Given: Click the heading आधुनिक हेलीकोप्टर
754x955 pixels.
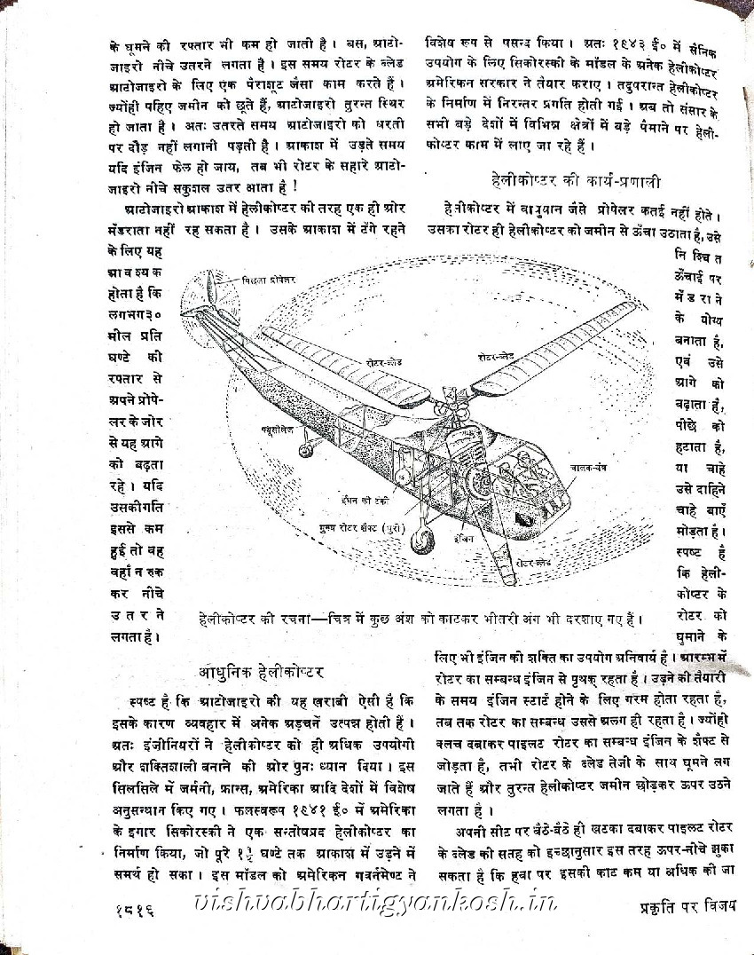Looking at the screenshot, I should click(x=263, y=667).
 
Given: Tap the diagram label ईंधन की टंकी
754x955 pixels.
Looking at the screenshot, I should click(x=365, y=500).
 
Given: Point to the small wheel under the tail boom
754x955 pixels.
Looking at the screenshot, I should click(x=305, y=451).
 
